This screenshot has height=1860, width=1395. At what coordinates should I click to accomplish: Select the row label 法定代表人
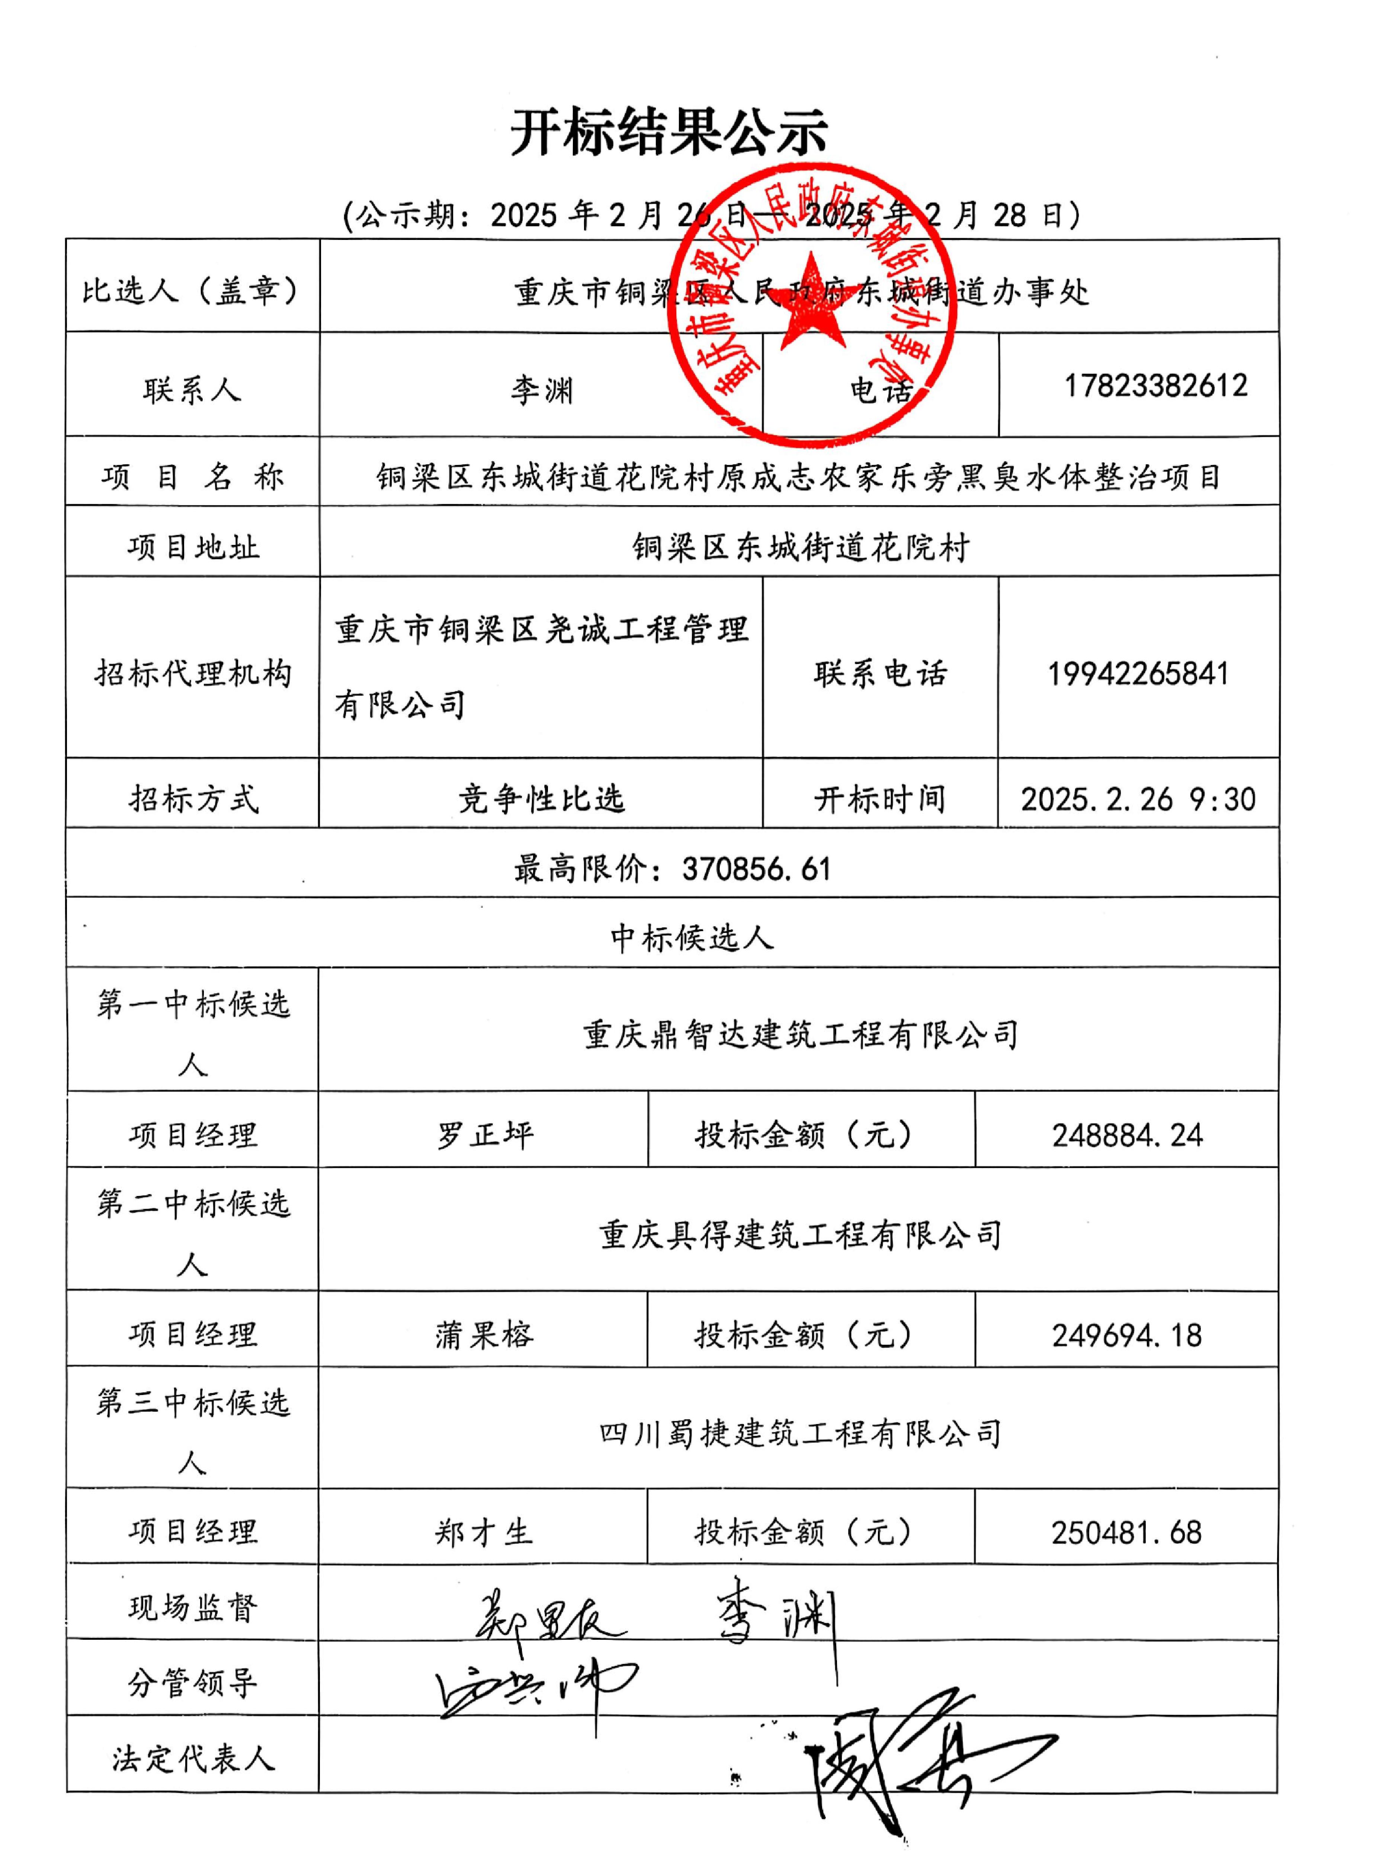point(193,1759)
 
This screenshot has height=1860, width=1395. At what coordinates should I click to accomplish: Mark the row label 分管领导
point(193,1683)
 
